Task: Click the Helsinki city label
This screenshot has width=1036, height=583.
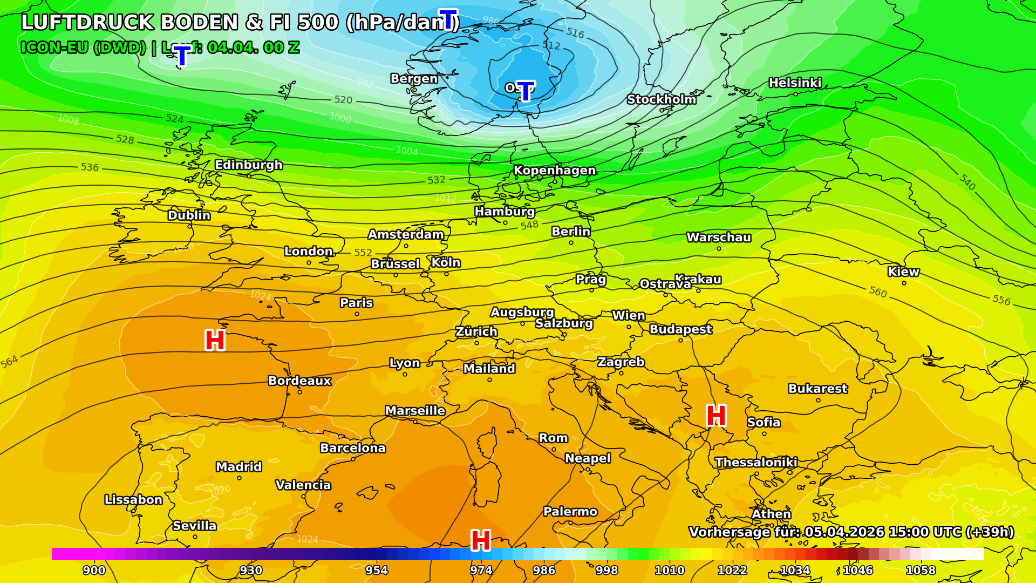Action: [795, 83]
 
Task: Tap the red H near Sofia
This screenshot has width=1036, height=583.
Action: [716, 416]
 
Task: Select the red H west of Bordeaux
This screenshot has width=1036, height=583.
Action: [215, 341]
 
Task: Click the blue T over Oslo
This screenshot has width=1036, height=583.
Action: [525, 91]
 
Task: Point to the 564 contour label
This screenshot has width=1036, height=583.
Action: [9, 362]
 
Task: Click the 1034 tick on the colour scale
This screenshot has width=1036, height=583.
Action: [795, 570]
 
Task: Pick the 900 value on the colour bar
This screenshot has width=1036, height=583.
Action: [94, 570]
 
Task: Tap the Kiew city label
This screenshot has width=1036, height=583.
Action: [903, 272]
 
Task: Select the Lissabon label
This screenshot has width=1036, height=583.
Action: [133, 499]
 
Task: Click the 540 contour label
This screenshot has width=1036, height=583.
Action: [967, 182]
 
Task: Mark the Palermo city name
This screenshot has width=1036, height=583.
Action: [570, 511]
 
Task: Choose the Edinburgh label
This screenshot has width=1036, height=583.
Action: [249, 165]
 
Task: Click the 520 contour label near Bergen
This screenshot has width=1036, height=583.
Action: [343, 100]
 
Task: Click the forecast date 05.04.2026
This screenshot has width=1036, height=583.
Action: [844, 532]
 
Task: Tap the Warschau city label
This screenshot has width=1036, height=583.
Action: [718, 237]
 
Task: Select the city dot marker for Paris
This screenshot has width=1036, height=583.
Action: [357, 314]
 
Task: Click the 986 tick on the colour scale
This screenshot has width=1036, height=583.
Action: [544, 570]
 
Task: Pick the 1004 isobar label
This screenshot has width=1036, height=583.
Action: [407, 151]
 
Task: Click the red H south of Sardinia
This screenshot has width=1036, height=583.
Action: [480, 540]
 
